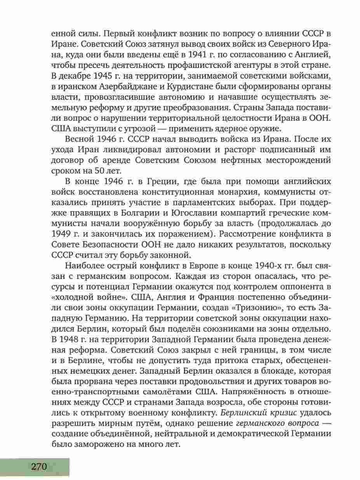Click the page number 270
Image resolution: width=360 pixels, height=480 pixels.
pyautogui.click(x=37, y=466)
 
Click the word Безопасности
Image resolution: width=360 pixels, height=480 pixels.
pyautogui.click(x=102, y=244)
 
